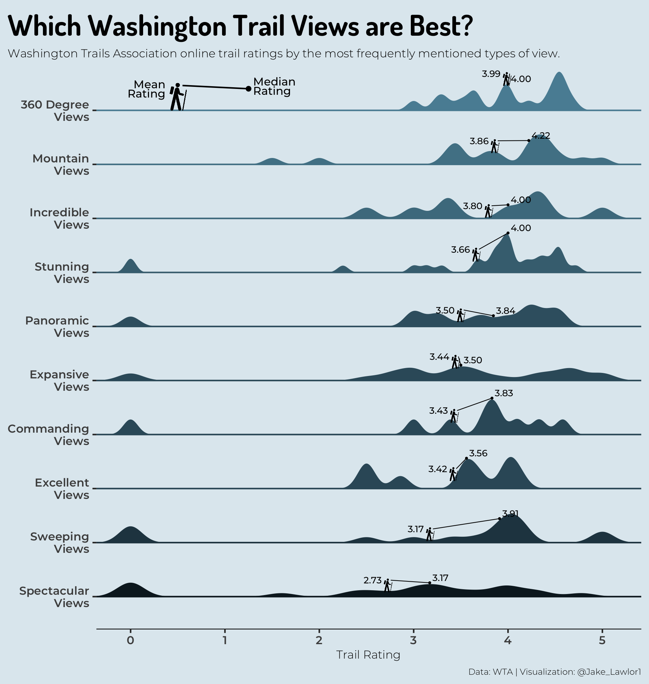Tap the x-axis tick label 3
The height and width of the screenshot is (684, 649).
click(x=414, y=640)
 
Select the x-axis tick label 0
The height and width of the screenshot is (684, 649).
click(x=130, y=640)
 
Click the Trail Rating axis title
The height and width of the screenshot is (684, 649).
click(x=368, y=654)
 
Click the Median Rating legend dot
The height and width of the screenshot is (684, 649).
click(x=248, y=89)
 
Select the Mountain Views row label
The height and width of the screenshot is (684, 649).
click(x=61, y=164)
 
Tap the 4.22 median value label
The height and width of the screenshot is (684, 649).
click(x=541, y=136)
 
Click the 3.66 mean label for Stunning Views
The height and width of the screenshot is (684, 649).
click(x=461, y=250)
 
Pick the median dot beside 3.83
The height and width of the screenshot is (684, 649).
click(x=492, y=398)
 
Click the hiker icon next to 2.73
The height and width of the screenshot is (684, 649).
click(x=388, y=585)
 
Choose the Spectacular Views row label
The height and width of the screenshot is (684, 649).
click(x=54, y=597)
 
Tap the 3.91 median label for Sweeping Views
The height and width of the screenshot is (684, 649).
click(x=510, y=513)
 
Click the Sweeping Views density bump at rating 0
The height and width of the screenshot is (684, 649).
click(x=130, y=535)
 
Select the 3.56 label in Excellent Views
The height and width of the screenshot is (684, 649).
click(x=478, y=453)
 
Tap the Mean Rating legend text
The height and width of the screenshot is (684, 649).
click(x=147, y=89)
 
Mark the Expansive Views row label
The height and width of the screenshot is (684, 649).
click(x=59, y=380)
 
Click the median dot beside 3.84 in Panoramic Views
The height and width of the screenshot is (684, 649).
click(x=493, y=316)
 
